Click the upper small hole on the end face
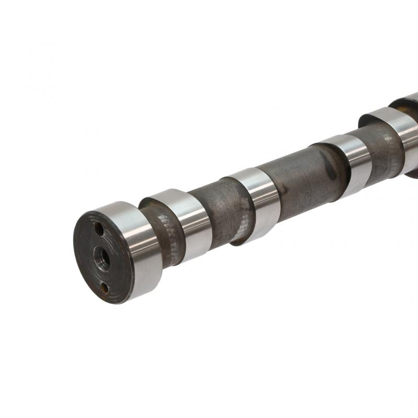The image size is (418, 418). [98, 229]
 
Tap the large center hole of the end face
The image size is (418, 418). [102, 257]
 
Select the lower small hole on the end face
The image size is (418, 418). [104, 287]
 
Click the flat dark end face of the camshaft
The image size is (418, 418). [89, 261]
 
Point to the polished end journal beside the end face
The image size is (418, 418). [137, 246]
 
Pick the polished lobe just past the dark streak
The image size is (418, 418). [351, 162]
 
